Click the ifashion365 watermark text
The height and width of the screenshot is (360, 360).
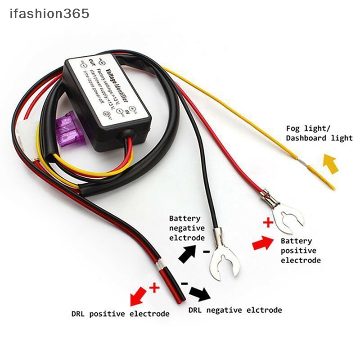pos(49,14)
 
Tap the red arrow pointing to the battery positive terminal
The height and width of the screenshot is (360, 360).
pos(263,243)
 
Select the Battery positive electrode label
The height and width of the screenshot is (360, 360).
pos(301,251)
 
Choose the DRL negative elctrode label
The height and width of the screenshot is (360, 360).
pos(235,310)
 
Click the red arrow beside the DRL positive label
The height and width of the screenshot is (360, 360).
pos(138,297)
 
